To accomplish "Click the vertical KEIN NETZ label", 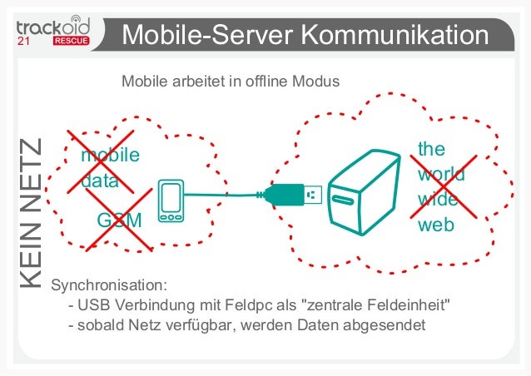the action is (x=30, y=215).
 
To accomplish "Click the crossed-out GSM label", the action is (x=118, y=221).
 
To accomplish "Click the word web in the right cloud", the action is (x=435, y=225).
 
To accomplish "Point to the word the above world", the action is (x=431, y=150).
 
